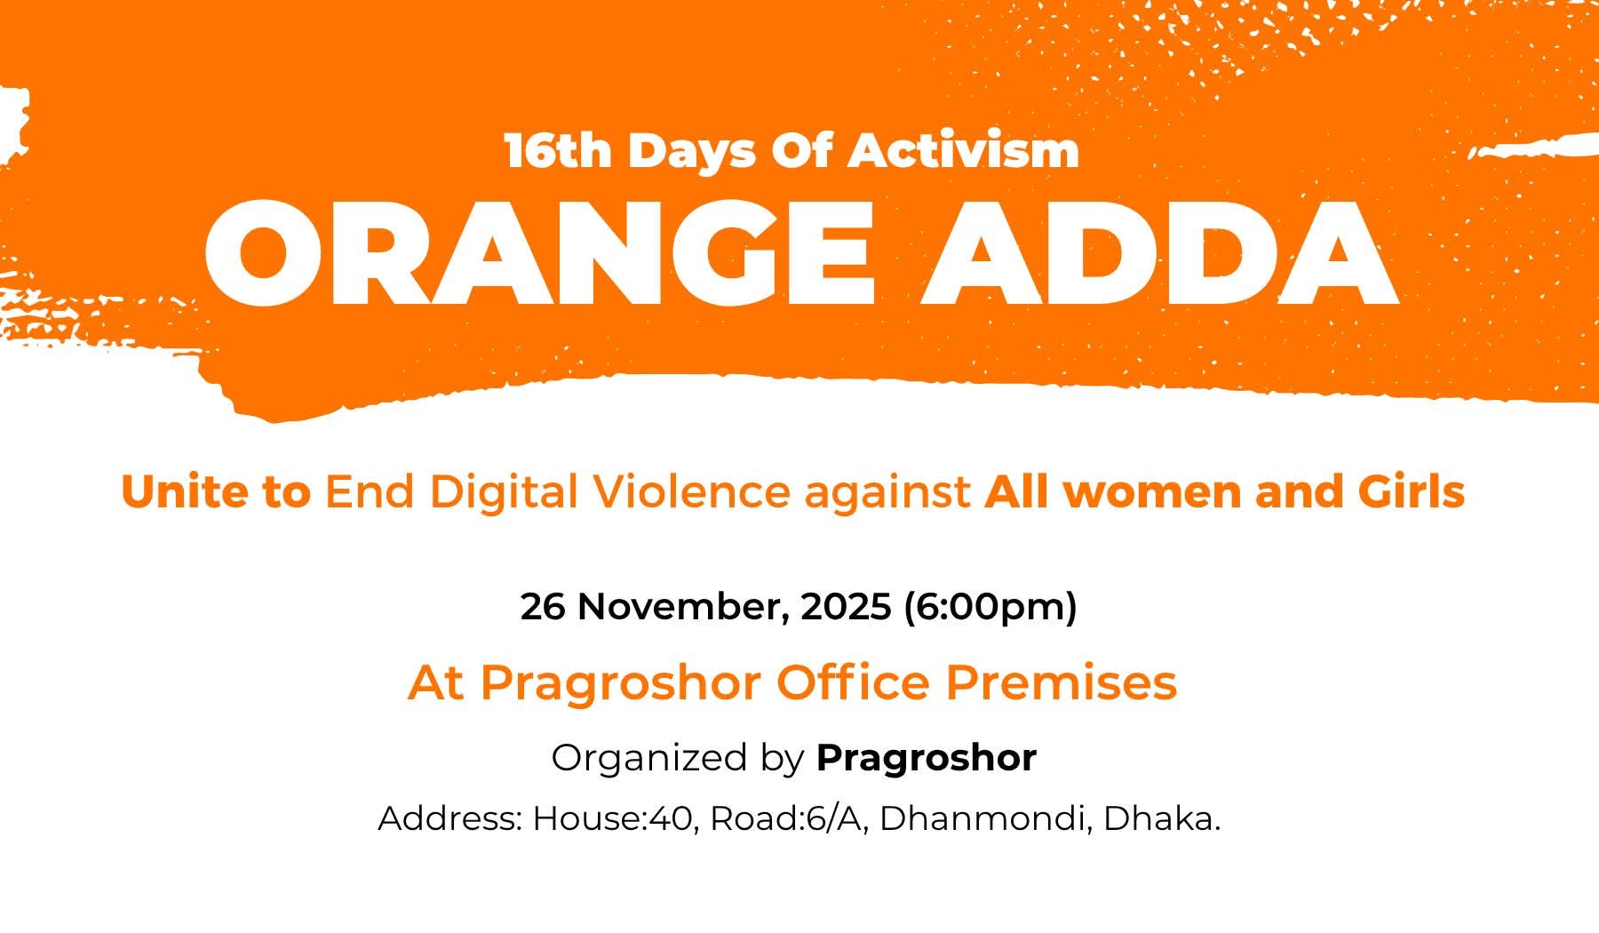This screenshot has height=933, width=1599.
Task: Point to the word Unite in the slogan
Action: [186, 491]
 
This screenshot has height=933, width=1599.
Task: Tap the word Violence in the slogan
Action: [691, 491]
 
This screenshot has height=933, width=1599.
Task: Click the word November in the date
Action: [684, 608]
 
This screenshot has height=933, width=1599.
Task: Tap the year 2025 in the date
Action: [846, 607]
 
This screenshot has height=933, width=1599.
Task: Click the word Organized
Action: [649, 759]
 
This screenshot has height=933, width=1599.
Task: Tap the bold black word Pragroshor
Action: [927, 759]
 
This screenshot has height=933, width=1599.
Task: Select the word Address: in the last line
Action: [449, 818]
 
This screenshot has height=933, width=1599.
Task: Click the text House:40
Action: [612, 818]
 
